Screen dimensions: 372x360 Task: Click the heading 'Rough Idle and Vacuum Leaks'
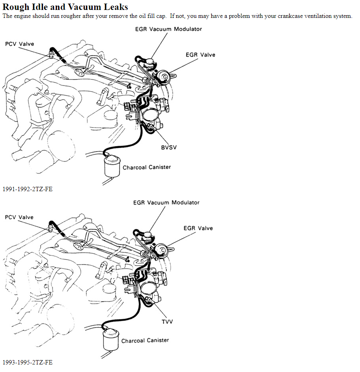pos(65,7)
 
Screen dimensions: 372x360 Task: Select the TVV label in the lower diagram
pos(167,321)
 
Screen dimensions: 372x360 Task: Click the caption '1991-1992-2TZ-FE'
pos(27,189)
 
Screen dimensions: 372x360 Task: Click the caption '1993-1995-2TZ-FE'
pos(27,362)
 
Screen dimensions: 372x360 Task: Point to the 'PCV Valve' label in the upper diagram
pos(19,44)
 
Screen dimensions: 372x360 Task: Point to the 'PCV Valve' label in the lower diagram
pos(19,217)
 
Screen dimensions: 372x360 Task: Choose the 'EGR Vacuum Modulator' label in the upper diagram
pos(168,29)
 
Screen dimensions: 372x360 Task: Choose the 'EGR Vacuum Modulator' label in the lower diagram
pos(166,203)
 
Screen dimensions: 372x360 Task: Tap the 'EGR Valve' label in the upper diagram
pos(200,55)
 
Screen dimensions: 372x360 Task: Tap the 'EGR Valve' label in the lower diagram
pos(198,229)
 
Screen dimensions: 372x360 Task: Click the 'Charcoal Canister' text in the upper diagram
pos(147,167)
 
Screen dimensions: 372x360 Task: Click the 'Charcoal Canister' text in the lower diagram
pos(145,341)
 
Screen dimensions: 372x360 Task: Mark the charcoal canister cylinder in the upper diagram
pos(113,166)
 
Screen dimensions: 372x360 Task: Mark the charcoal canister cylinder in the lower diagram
pos(111,339)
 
